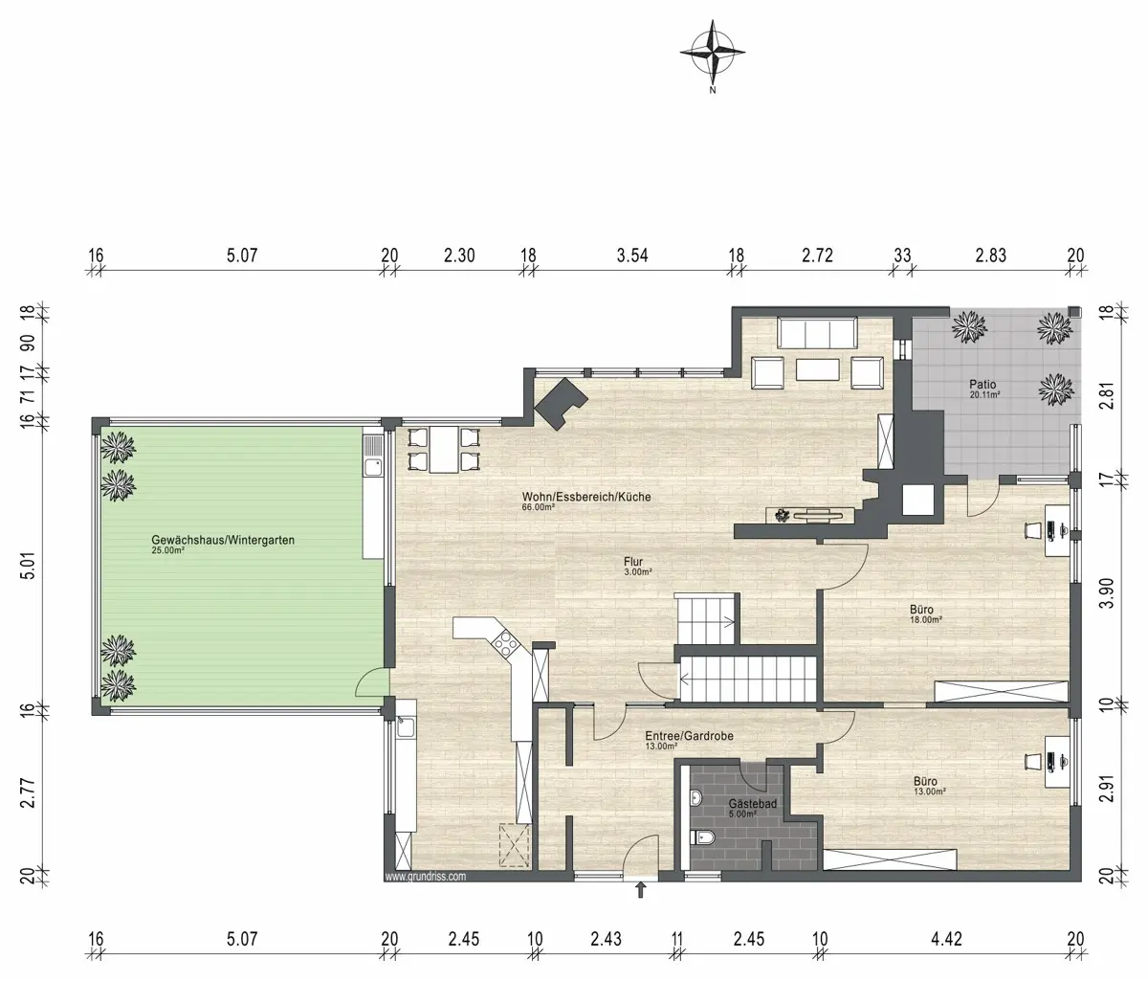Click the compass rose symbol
pyautogui.click(x=713, y=54)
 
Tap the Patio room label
pyautogui.click(x=982, y=384)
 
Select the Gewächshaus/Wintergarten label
pyautogui.click(x=223, y=540)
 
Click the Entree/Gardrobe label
pyautogui.click(x=689, y=735)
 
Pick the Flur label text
pyautogui.click(x=633, y=562)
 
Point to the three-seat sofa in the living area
pyautogui.click(x=817, y=333)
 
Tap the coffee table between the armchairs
pyautogui.click(x=817, y=369)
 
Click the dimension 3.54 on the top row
pyautogui.click(x=632, y=256)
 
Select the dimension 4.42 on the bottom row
pyautogui.click(x=946, y=939)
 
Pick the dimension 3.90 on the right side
pyautogui.click(x=1107, y=593)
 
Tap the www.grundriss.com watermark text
pyautogui.click(x=426, y=877)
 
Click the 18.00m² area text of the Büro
pyautogui.click(x=926, y=620)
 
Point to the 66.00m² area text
pyautogui.click(x=539, y=507)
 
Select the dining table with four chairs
pyautogui.click(x=444, y=449)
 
